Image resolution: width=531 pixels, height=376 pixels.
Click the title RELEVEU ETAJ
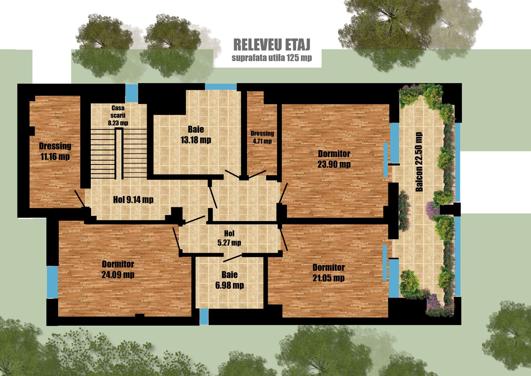point(271,45)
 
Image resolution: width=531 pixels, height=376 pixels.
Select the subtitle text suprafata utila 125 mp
point(271,58)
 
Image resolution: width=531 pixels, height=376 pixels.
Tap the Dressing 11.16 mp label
point(55,151)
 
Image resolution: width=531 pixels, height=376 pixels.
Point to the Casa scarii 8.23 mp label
point(118,115)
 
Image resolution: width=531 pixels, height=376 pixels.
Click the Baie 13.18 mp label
point(196,135)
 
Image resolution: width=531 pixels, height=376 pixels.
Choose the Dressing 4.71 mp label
point(262,137)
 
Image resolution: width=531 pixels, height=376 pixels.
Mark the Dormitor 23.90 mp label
point(334,159)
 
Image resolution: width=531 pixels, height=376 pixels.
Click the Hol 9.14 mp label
point(133,199)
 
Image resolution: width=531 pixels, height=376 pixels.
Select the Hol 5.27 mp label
point(229,238)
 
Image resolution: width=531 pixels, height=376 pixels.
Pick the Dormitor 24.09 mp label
point(118,269)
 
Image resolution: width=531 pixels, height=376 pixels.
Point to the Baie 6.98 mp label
point(229,280)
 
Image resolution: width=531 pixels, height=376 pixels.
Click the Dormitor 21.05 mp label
point(328,273)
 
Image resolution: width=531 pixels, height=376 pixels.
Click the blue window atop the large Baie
point(220,87)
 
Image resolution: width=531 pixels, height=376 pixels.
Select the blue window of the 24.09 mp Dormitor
point(52,282)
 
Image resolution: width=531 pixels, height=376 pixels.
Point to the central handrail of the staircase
point(119,154)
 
